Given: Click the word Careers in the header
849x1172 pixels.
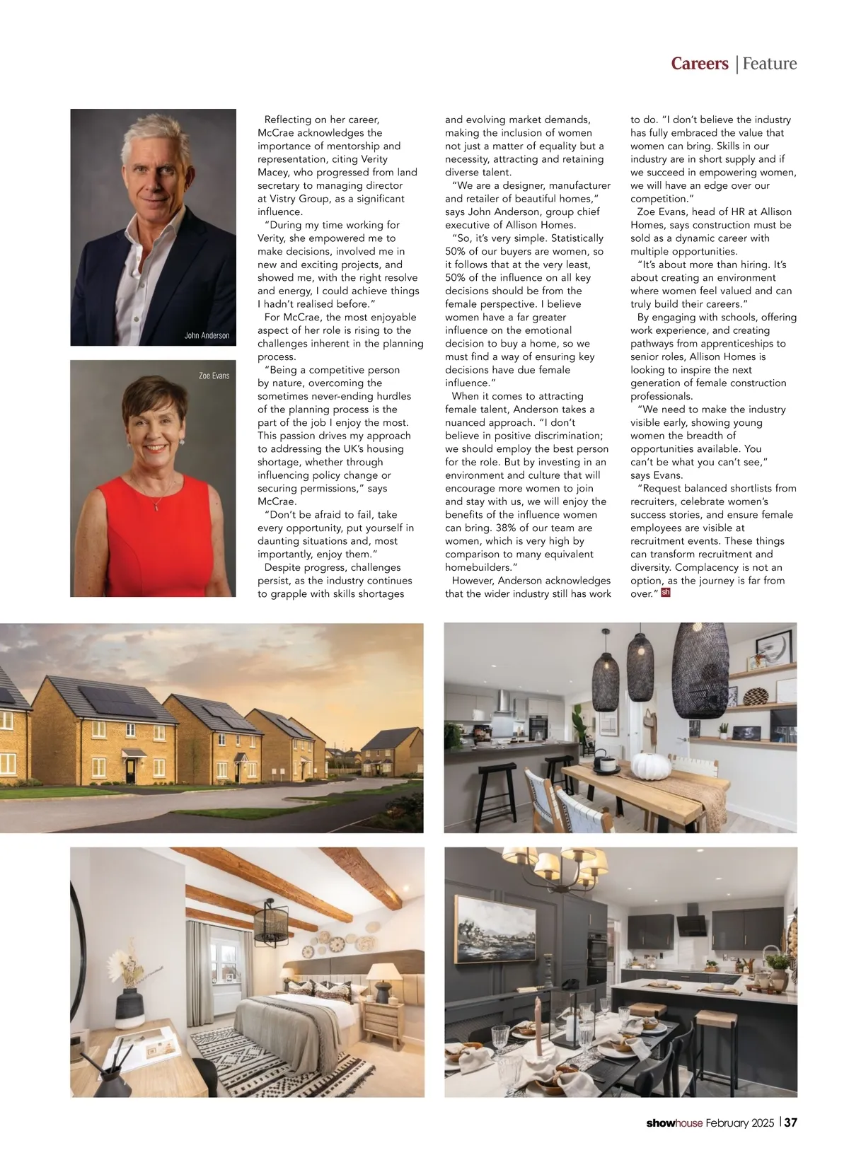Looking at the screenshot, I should pos(699,64).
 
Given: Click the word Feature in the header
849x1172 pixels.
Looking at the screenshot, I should pos(770,64).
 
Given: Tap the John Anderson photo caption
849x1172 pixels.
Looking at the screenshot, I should pos(207,335).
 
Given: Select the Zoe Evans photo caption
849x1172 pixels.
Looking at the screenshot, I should pos(214,376).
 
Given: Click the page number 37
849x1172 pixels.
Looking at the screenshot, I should pos(790,1122).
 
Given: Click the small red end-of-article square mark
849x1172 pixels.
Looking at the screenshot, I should pos(665,593).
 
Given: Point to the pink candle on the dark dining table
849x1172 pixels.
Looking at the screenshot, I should pos(537,1019).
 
